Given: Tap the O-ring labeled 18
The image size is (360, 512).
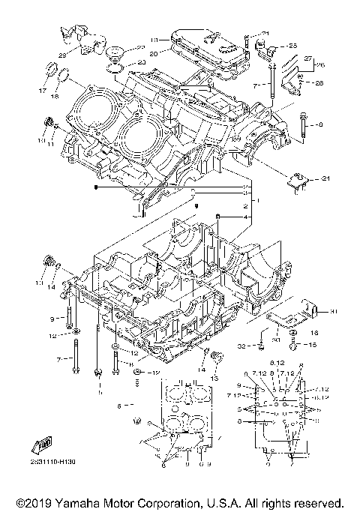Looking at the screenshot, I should coord(66,76).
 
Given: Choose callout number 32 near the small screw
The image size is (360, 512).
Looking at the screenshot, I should coord(241,346).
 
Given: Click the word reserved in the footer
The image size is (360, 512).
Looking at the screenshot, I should coord(316,502).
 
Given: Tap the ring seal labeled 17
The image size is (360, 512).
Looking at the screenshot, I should coord(52,71).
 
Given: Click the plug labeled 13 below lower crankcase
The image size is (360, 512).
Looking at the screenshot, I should coord(217,355).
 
